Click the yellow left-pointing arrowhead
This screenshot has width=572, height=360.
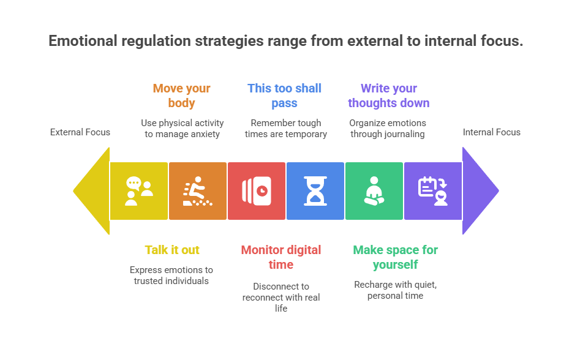94,191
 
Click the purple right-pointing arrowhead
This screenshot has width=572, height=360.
478,191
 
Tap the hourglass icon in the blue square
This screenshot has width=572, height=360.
315,191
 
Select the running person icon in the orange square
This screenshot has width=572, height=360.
197,191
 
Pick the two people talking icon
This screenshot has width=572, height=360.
139,191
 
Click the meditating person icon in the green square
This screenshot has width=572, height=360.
374,191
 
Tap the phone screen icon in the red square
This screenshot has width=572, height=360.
257,191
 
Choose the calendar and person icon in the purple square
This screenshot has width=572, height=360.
433,191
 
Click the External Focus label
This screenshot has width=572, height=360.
80,132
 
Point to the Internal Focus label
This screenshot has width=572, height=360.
491,132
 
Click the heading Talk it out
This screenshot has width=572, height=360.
172,250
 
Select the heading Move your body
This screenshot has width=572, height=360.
182,96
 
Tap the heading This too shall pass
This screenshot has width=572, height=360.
285,96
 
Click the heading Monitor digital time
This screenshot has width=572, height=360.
281,257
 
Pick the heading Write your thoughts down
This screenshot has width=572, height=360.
388,96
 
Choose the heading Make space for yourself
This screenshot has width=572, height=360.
396,257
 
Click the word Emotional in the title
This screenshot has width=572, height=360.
83,41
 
